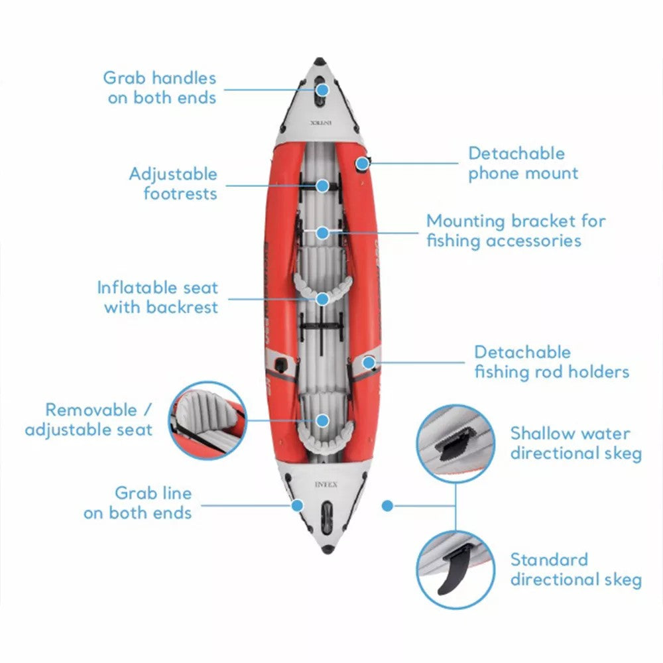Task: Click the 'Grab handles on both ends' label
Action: tap(159, 88)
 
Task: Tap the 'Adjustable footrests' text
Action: tap(173, 184)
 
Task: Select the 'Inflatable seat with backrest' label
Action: tap(158, 298)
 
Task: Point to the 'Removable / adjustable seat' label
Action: tap(89, 420)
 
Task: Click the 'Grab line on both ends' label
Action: tap(137, 503)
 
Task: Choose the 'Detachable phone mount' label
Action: tap(523, 163)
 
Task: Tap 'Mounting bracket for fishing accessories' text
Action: tap(515, 230)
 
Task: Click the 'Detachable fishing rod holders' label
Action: tap(551, 361)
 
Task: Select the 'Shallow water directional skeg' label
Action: tap(575, 444)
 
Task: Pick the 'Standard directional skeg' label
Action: tap(575, 570)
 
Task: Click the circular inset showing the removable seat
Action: tap(208, 420)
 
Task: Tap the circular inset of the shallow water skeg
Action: tap(455, 444)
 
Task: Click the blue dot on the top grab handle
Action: tap(322, 89)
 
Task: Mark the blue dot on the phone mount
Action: tap(361, 163)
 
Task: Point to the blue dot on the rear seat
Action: tap(322, 420)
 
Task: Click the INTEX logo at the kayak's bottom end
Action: tap(326, 485)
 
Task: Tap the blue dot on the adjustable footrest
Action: tap(322, 185)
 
